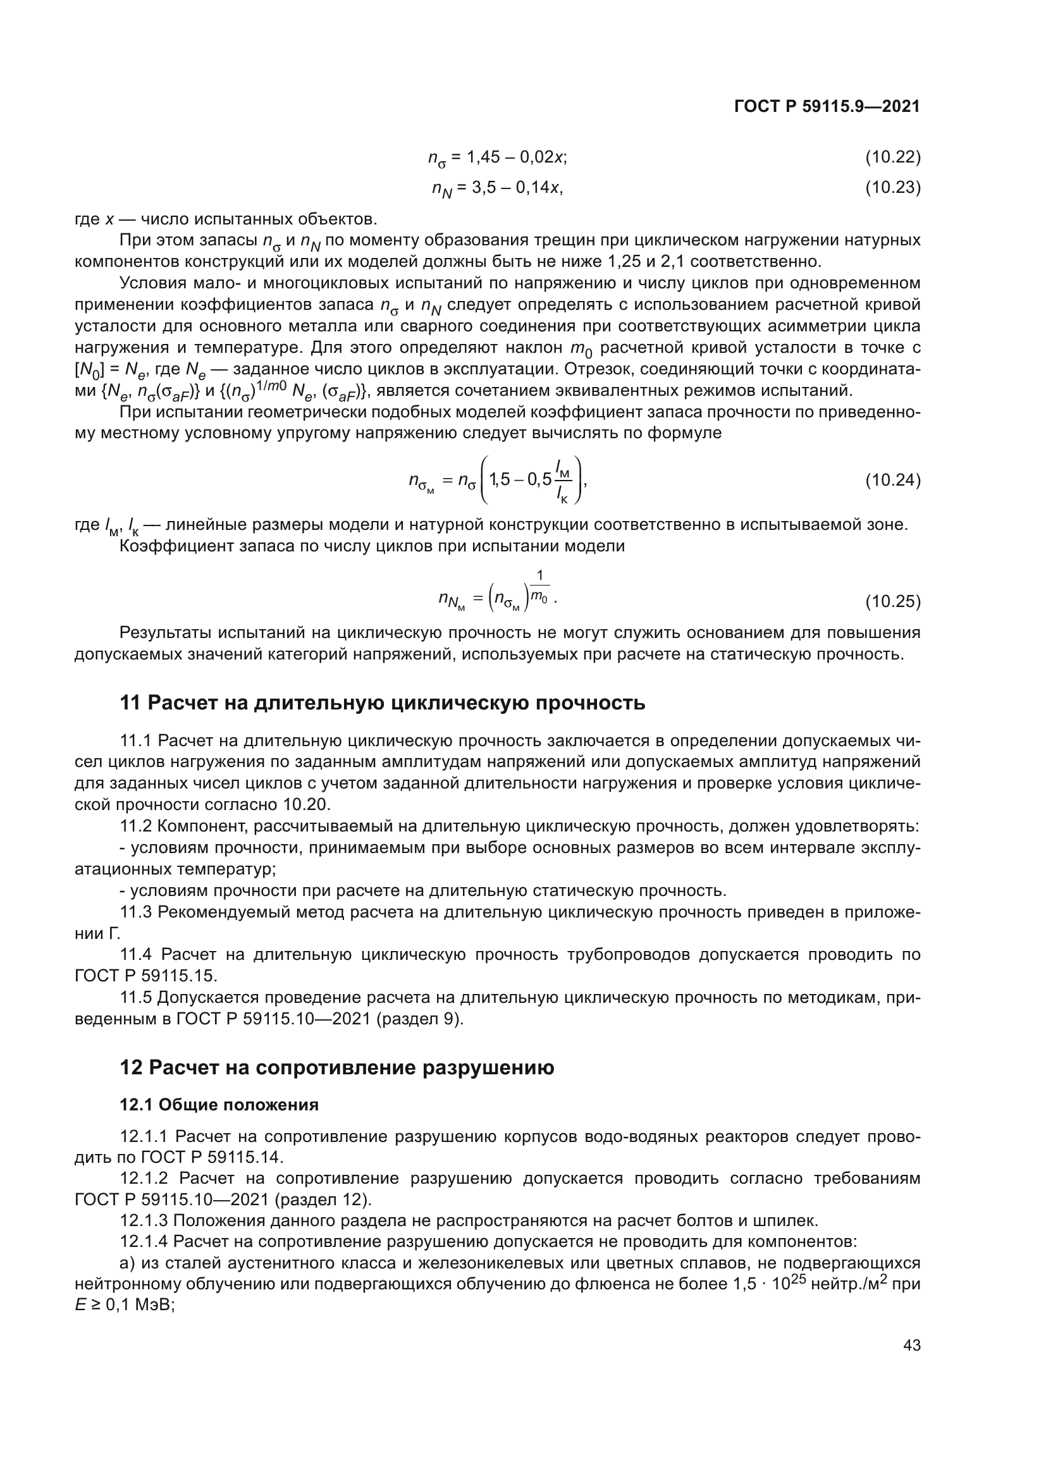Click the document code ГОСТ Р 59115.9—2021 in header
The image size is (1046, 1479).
pos(827,107)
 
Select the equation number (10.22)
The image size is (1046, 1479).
pos(892,157)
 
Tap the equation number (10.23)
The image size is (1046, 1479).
pos(892,187)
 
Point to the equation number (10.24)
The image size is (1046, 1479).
pos(892,480)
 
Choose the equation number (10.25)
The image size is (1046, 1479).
pos(892,601)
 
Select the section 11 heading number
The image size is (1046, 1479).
pos(130,703)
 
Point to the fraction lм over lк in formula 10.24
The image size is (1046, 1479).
pos(563,480)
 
